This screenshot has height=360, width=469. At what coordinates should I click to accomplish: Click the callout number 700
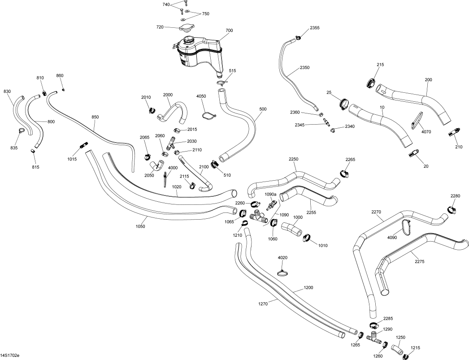coord(229,30)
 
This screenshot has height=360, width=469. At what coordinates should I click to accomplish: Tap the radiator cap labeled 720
coord(186,28)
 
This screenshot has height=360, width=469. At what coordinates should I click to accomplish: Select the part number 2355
coord(315,28)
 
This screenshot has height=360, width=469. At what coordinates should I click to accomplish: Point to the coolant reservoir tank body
coord(197,52)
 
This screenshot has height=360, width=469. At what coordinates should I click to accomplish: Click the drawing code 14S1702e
coord(10,356)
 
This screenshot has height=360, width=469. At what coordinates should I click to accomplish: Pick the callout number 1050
coord(140,226)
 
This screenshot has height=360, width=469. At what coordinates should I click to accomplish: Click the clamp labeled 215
coord(371,82)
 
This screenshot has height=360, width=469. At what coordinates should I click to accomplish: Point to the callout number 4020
coord(282,258)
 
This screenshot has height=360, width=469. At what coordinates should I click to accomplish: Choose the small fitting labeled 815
coord(33,152)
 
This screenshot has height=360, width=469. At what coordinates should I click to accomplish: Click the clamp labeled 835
coord(21,131)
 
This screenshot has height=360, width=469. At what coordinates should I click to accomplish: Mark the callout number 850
coord(95,117)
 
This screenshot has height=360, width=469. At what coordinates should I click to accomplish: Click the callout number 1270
coord(263,304)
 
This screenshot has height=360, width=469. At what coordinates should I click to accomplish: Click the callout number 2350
coord(304,67)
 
